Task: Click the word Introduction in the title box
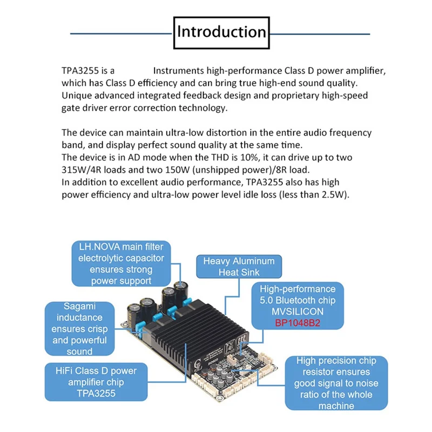click(222, 31)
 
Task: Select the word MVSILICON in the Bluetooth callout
click(298, 311)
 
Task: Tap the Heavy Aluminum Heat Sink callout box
click(239, 266)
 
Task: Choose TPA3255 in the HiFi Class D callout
click(96, 393)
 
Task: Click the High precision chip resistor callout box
click(336, 382)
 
